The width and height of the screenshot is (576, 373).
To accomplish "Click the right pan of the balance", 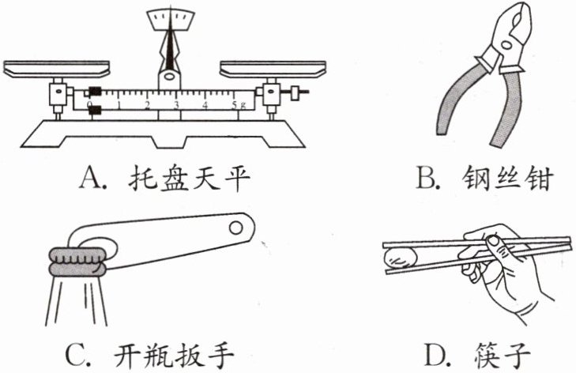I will tap(272, 67).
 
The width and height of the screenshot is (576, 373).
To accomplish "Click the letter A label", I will tap(90, 181).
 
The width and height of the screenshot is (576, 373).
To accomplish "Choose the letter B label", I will tap(427, 181).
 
